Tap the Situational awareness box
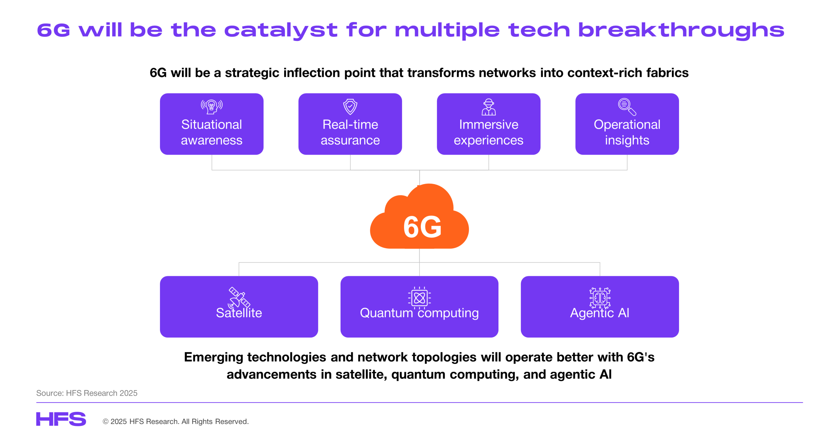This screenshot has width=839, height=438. point(212,124)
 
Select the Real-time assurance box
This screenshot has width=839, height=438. point(350,124)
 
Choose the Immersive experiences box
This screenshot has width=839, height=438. point(489,124)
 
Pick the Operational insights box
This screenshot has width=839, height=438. point(627,124)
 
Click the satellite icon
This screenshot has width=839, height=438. point(239,298)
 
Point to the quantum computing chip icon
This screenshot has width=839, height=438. point(419,298)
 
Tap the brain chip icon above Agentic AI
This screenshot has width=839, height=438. point(600,298)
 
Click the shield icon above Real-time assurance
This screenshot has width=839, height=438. point(350,107)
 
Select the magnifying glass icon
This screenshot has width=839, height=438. point(627,107)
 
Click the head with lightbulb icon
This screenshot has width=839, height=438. point(212,107)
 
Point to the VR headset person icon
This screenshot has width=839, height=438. point(489,107)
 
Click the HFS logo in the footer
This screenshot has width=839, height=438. point(61,419)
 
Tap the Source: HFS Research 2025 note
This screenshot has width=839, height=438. point(87,393)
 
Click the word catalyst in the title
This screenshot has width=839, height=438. point(281,30)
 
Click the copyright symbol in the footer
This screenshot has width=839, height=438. point(106,421)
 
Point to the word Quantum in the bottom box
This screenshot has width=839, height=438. point(386,313)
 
